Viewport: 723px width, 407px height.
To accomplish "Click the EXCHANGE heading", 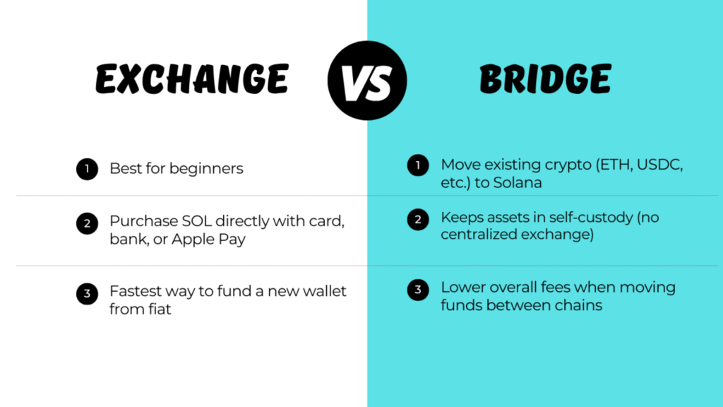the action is point(192,79).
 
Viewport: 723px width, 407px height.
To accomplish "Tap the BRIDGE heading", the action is point(546,79).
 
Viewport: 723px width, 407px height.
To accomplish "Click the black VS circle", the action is point(367,81).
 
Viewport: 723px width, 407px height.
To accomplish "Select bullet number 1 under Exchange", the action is point(87,169).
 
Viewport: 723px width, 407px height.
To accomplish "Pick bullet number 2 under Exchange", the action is point(87,223).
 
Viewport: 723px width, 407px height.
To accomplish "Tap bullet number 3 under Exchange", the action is point(87,294).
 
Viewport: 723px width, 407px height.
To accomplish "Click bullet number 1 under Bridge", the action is point(418,165).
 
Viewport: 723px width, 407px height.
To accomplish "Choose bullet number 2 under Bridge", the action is point(418,219).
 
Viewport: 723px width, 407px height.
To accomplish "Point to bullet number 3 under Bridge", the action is point(418,290).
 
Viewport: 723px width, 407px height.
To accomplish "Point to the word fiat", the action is point(160,309).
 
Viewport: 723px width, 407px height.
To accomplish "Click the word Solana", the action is point(518,183).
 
